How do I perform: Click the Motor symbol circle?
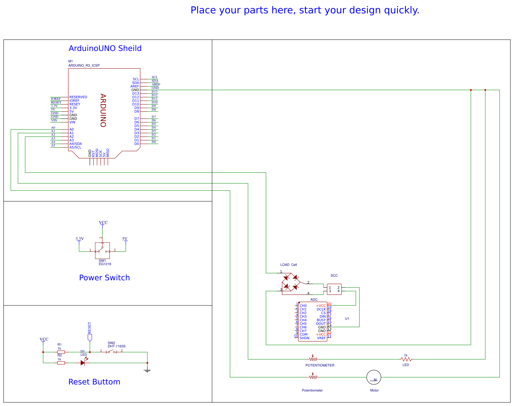(x=373, y=377)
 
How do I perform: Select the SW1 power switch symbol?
(x=102, y=250)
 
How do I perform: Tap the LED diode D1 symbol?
(x=83, y=363)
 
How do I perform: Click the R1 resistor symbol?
(x=61, y=352)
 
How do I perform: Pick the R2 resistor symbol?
(x=61, y=363)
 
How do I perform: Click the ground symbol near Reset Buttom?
(x=147, y=370)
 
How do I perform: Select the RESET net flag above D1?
(x=90, y=337)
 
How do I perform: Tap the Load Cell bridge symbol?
(x=290, y=282)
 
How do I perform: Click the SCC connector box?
(x=334, y=289)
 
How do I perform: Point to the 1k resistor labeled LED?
(x=406, y=359)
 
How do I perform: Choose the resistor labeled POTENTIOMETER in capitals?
(x=313, y=359)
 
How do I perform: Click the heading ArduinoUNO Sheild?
(x=105, y=48)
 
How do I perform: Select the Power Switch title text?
(x=104, y=278)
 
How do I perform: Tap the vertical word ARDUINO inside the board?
(x=103, y=111)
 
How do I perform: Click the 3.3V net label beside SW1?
(x=79, y=239)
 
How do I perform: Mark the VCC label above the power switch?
(x=103, y=223)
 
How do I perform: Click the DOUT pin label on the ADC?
(x=321, y=324)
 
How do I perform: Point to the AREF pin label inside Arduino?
(x=135, y=87)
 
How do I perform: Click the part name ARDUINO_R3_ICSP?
(x=84, y=66)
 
